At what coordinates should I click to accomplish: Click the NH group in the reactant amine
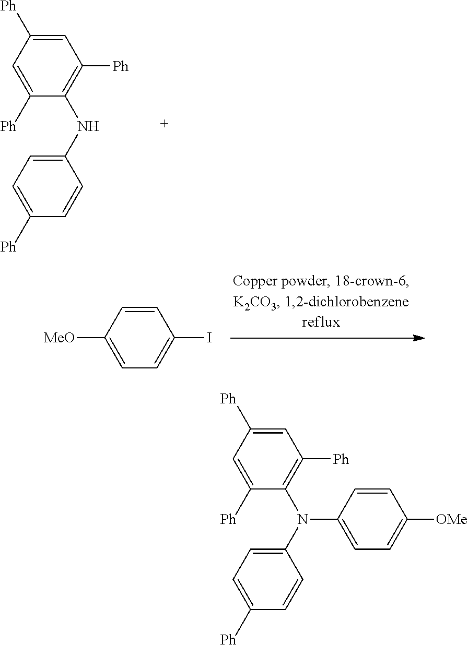tap(88, 126)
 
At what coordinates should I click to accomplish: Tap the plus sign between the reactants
tap(164, 124)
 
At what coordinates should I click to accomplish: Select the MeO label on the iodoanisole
tap(59, 338)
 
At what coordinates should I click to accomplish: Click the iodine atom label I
tap(209, 338)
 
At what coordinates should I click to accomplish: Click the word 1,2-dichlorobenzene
tap(347, 302)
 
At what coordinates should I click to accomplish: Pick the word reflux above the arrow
tap(321, 322)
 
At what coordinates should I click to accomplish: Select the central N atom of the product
tap(302, 519)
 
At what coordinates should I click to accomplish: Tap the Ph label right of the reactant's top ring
tap(121, 66)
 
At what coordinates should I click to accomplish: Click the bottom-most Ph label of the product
tap(228, 639)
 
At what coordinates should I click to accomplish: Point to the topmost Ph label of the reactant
tap(8, 6)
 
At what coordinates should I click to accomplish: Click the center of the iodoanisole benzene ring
tap(140, 338)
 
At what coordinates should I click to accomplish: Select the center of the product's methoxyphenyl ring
tap(372, 519)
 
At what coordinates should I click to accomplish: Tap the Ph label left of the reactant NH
tap(8, 126)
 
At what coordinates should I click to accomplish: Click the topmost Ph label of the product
tap(228, 399)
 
